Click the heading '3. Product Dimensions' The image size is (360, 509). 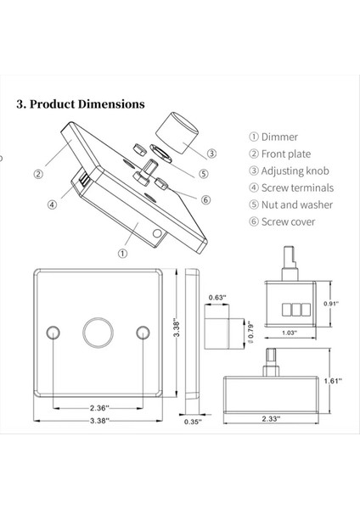(x=81, y=104)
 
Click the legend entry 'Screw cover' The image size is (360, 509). (x=281, y=221)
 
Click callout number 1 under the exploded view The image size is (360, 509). (x=123, y=252)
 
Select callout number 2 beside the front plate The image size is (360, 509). (x=38, y=175)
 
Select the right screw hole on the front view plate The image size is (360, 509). (x=142, y=330)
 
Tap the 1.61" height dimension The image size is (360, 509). (x=333, y=381)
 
